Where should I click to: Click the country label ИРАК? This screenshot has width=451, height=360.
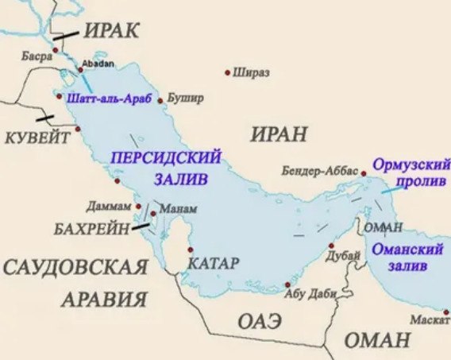coord(110,29)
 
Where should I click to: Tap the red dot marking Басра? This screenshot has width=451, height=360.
coord(56,50)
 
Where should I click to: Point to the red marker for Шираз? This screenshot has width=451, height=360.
coord(229,72)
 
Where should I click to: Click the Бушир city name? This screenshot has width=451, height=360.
coord(187,98)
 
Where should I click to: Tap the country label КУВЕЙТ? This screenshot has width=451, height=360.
coord(38,137)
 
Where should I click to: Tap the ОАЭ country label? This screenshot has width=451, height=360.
coord(260,322)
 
